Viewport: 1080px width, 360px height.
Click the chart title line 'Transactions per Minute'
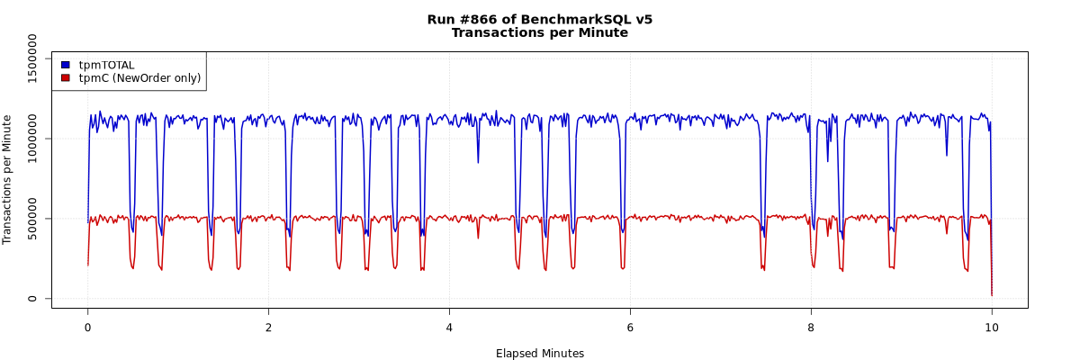[x=539, y=33]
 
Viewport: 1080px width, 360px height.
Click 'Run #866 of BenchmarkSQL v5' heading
[x=539, y=19]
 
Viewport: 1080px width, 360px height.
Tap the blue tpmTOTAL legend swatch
[x=66, y=65]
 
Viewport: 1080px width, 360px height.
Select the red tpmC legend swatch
[x=66, y=78]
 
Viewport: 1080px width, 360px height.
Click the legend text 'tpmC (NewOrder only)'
[x=139, y=78]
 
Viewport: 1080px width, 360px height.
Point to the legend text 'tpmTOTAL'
[x=106, y=65]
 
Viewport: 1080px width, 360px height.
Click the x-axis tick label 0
[x=87, y=328]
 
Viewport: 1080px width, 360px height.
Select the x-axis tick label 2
[x=268, y=328]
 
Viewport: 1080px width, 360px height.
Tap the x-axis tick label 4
[x=449, y=328]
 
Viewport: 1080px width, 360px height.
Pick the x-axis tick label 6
[x=630, y=328]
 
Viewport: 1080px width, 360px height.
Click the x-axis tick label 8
[x=811, y=328]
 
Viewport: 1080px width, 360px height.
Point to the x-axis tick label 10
[x=992, y=328]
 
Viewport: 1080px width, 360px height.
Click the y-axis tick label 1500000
[x=33, y=58]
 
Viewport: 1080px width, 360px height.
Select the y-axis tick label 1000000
[x=33, y=139]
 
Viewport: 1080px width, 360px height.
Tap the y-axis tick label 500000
[x=33, y=219]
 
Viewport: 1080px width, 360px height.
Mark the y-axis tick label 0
[x=33, y=299]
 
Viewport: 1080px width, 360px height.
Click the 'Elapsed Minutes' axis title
[x=539, y=354]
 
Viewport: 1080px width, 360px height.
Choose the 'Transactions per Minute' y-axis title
[x=8, y=179]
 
